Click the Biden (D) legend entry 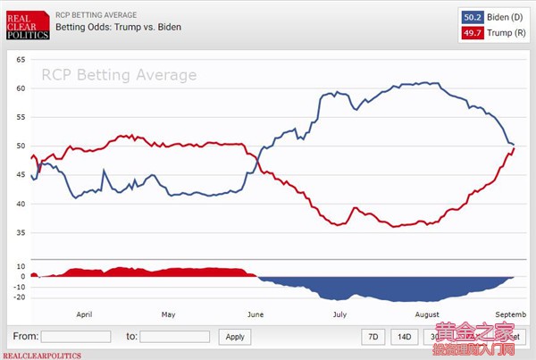coord(497,16)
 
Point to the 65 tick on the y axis coord(21,59)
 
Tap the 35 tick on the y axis coord(21,232)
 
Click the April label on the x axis coord(85,315)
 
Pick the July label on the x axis coord(339,315)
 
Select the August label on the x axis coord(427,315)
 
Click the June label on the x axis coord(255,315)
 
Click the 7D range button coord(374,337)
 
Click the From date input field coord(76,337)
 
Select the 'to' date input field coord(175,337)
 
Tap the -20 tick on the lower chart coord(20,297)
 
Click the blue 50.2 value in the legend coord(472,16)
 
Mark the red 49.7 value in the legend coord(472,33)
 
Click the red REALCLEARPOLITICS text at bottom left coord(39,355)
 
